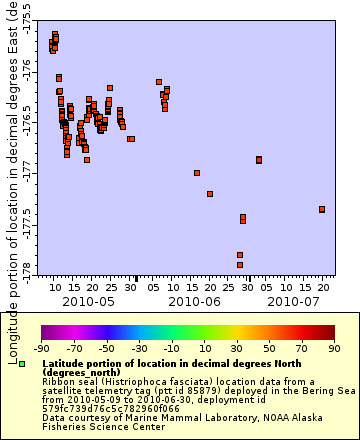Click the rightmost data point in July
[322, 209]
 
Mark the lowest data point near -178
[240, 265]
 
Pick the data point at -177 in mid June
[197, 173]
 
